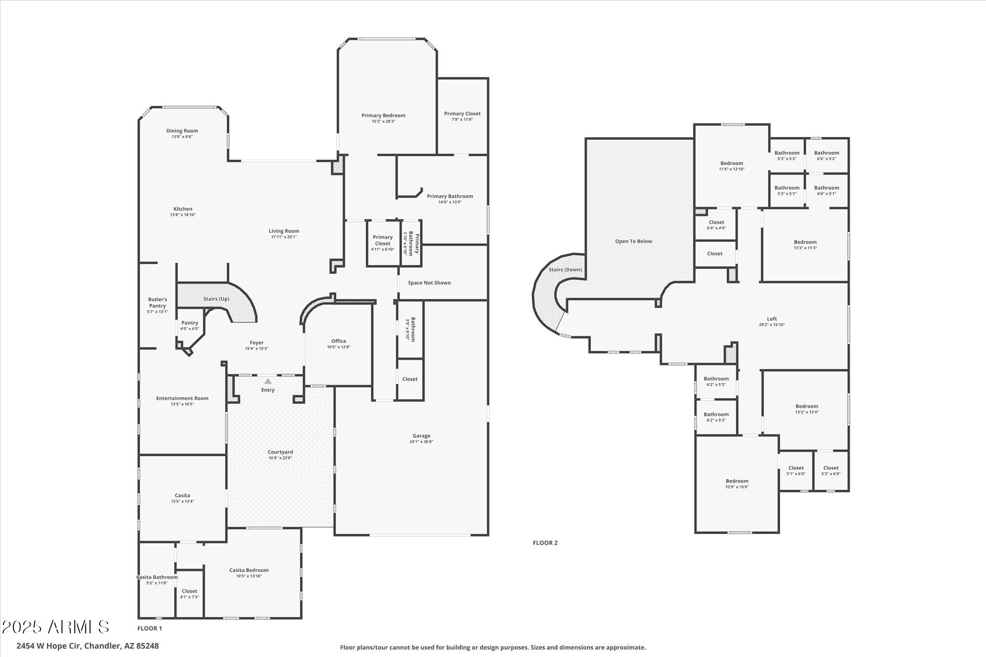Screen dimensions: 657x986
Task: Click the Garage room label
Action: (421, 436)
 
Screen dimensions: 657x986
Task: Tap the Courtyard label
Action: (280, 452)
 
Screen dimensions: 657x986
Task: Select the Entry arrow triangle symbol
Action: (268, 381)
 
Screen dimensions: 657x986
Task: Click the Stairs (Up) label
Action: (216, 299)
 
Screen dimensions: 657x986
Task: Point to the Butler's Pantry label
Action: (157, 303)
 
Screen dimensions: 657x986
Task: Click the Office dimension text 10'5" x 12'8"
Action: (339, 347)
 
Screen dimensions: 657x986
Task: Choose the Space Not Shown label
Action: (429, 283)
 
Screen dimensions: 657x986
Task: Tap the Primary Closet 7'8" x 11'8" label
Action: (462, 116)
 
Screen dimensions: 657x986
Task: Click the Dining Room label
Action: (182, 131)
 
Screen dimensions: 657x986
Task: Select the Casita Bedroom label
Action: (248, 570)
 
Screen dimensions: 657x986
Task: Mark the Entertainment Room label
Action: (182, 398)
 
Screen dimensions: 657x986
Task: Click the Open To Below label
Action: (633, 241)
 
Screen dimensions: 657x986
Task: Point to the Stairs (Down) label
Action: (565, 270)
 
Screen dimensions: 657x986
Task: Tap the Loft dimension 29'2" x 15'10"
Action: (772, 325)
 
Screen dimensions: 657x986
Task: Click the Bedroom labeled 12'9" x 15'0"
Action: (737, 484)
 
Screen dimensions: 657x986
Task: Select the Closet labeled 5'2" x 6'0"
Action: (830, 471)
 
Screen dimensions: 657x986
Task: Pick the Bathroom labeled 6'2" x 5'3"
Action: (716, 417)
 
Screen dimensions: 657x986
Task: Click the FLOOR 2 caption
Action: (545, 543)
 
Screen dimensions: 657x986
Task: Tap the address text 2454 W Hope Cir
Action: (49, 646)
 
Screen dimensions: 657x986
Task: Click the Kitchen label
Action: (182, 209)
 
